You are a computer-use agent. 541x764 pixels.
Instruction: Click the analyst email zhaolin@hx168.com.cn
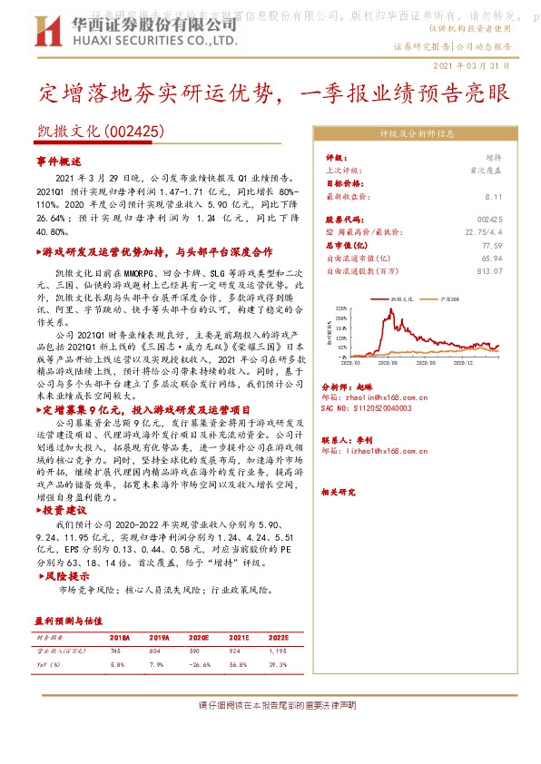[x=366, y=397]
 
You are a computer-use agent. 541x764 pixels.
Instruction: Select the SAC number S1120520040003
[x=368, y=408]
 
